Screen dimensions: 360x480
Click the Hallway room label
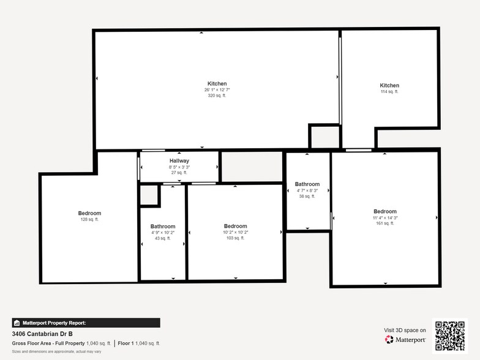pos(179,161)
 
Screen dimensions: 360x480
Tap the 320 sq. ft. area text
pos(217,96)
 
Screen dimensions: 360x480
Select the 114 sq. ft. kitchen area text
pos(389,92)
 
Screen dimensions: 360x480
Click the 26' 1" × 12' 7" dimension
pos(217,90)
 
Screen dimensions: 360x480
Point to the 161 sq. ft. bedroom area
pos(385,223)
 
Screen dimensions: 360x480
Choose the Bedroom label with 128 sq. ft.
pos(89,213)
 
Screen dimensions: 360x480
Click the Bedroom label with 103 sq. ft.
pos(235,226)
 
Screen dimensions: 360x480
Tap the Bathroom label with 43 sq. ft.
pos(163,227)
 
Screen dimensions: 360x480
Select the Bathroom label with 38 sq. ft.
pos(307,184)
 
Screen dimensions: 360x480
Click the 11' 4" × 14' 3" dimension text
pos(385,218)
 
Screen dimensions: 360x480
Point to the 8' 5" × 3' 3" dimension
pos(179,167)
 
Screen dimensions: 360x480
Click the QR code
pos(449,336)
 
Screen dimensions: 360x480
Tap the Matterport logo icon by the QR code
pos(389,339)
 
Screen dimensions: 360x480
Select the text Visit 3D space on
pos(405,330)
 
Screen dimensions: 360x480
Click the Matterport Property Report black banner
pos(86,323)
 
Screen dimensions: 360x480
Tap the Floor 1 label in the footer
pos(127,343)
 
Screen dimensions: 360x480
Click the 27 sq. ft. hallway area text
pos(179,173)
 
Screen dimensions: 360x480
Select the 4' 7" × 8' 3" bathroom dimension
pos(307,190)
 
